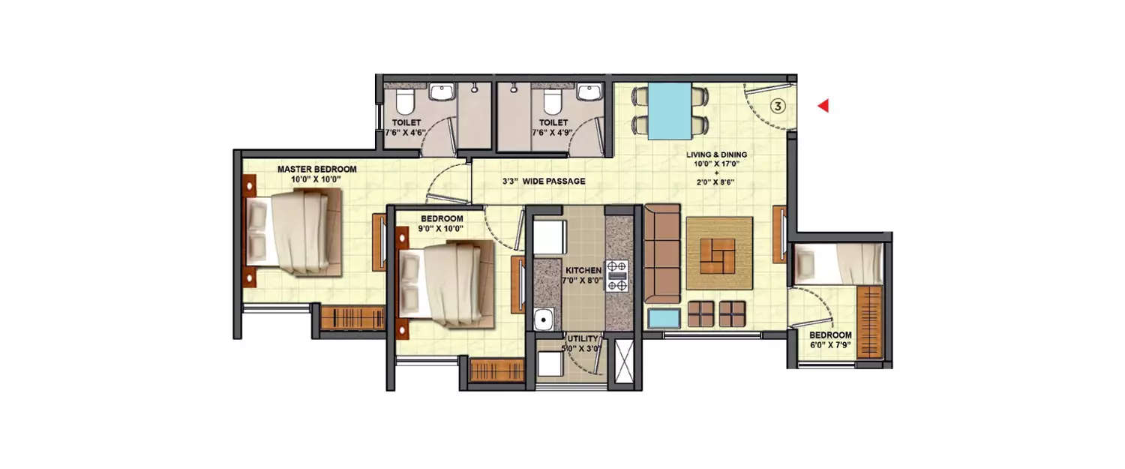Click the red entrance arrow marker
click(823, 106)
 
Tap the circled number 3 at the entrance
click(778, 107)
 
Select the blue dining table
click(670, 110)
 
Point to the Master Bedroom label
click(316, 170)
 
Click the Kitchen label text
click(583, 269)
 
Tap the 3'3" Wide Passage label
click(544, 182)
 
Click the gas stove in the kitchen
click(616, 275)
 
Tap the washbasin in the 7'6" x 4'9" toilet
click(589, 92)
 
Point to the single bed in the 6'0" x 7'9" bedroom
click(839, 264)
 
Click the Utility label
click(583, 338)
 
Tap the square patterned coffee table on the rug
click(719, 255)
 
